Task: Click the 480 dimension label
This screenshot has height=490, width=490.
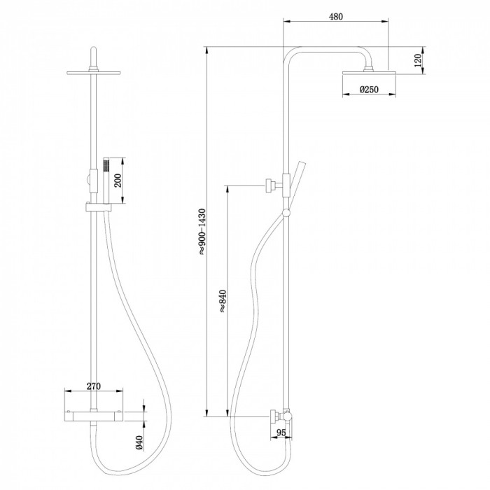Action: click(x=336, y=17)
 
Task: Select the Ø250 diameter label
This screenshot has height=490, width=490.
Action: click(x=369, y=90)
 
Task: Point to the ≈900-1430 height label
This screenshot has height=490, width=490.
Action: click(x=202, y=231)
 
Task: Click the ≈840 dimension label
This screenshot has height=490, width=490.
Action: click(x=222, y=301)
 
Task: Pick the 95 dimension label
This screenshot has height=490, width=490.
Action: click(x=281, y=433)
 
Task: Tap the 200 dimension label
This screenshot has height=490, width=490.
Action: click(x=118, y=181)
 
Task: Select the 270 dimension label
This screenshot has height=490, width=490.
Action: click(x=94, y=386)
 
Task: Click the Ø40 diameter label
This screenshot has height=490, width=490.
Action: click(x=139, y=443)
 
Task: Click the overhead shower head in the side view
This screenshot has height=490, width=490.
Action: click(x=369, y=73)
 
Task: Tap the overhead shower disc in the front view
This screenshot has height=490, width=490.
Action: click(x=93, y=73)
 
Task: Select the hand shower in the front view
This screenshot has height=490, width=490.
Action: click(x=106, y=181)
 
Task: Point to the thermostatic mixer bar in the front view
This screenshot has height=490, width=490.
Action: click(x=93, y=415)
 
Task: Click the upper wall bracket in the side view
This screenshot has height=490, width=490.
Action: click(x=274, y=185)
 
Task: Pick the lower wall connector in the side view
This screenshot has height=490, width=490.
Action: click(x=277, y=416)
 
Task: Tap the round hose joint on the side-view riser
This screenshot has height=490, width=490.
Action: click(x=286, y=213)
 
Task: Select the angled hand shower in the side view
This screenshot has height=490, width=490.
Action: click(x=296, y=185)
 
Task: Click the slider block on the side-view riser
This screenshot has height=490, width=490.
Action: click(x=286, y=185)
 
